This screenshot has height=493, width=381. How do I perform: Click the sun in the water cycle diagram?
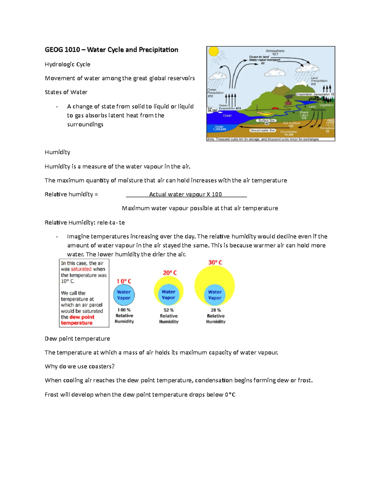[x=214, y=51]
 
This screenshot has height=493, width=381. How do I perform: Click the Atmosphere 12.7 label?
[x=275, y=52]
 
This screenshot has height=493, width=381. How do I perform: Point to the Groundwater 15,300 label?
[x=289, y=133]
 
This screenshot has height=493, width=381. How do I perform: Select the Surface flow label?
[x=266, y=121]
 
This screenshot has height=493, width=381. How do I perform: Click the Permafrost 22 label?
[x=327, y=130]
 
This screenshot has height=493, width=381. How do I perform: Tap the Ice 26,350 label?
[x=212, y=109]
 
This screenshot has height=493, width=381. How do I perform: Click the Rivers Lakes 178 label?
[x=304, y=115]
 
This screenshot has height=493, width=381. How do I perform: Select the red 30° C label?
[x=215, y=263]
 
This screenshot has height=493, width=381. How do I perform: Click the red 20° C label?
[x=170, y=273]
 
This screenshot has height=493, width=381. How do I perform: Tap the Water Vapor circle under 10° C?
[x=124, y=295]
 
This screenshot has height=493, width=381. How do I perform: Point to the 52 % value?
[x=169, y=310]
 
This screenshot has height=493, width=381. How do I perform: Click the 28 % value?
[x=216, y=310]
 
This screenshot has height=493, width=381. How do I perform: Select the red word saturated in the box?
[x=81, y=269]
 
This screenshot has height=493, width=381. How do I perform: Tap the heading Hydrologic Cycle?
[x=67, y=64]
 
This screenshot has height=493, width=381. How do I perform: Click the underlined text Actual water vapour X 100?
[x=186, y=194]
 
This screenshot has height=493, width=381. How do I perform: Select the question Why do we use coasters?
[x=79, y=366]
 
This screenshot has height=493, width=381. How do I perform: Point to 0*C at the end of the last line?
[x=230, y=395]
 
